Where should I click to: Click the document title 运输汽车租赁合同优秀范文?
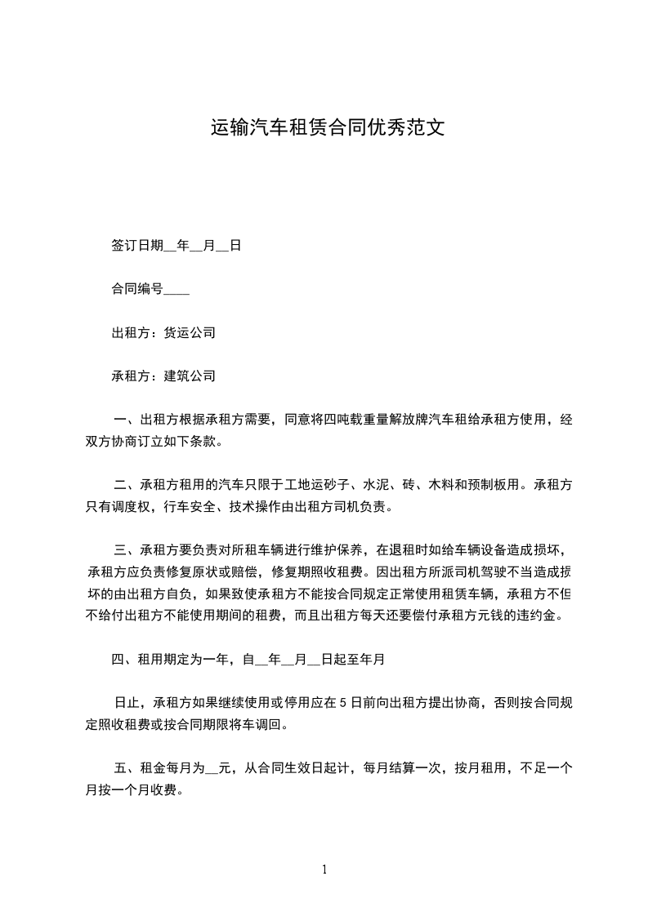point(328,128)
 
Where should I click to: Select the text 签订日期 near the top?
point(137,245)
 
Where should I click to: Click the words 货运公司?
point(190,332)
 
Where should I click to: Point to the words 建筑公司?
point(190,376)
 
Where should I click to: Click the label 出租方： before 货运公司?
point(136,332)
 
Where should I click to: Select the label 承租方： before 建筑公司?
point(136,376)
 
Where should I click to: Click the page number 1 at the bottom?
point(324,870)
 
